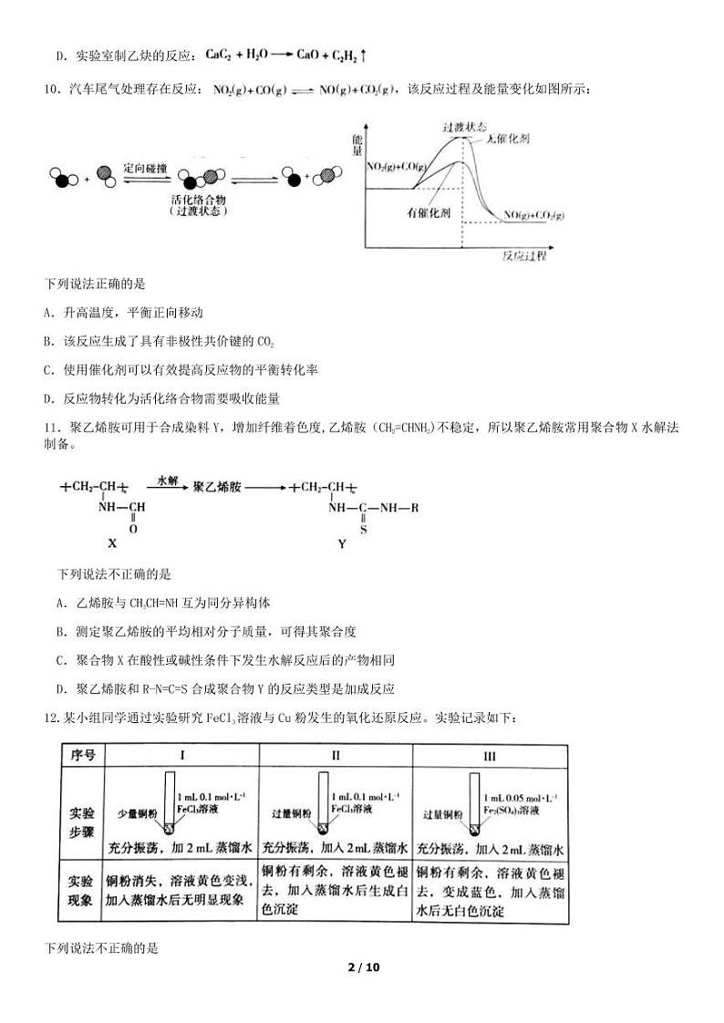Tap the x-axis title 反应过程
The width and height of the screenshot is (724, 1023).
(524, 256)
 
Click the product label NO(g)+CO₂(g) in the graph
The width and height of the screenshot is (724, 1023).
(534, 216)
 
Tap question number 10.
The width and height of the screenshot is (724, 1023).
(51, 89)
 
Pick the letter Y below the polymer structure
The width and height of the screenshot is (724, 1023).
(342, 544)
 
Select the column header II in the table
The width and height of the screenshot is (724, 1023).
(336, 756)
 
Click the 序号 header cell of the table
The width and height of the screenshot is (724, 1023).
(83, 756)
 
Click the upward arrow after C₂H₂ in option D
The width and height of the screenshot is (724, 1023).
(364, 56)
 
